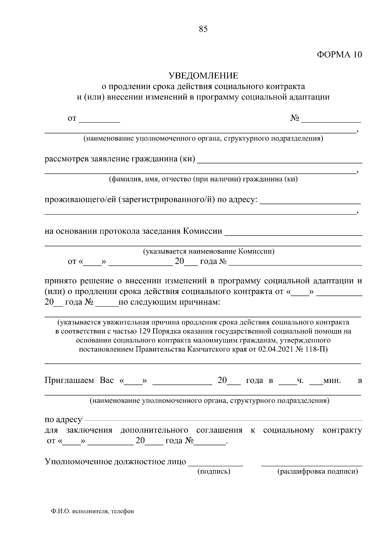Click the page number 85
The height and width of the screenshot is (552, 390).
click(203, 29)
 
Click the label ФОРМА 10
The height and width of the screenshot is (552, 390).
click(339, 55)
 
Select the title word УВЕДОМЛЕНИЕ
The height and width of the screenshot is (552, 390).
click(203, 76)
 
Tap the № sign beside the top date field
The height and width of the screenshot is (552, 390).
click(294, 118)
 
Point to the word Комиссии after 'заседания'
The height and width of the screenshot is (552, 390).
click(203, 231)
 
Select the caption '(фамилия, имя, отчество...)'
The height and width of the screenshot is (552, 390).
click(203, 179)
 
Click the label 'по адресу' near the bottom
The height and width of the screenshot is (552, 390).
click(63, 420)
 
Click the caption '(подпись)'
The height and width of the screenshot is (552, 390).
click(214, 471)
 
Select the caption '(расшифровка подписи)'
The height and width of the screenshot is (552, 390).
click(317, 471)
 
